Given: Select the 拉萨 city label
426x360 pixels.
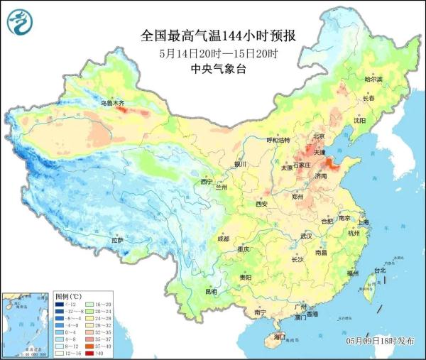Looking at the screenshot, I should click(x=117, y=240).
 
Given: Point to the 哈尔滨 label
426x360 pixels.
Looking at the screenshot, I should click(x=373, y=79).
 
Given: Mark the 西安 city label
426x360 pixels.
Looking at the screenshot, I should click(x=261, y=204).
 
